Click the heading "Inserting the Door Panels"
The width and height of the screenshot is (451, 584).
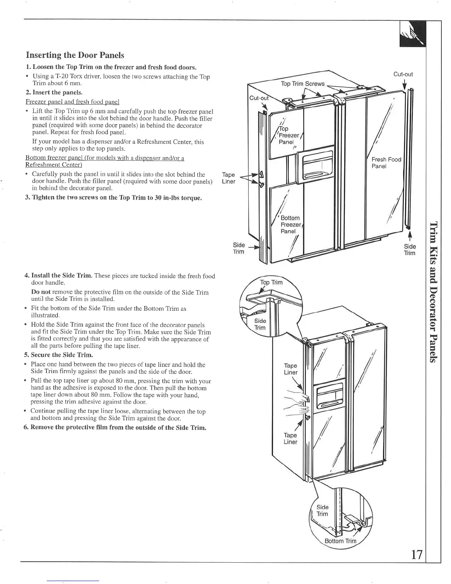tap(75, 55)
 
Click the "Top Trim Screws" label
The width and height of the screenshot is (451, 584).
tap(303, 84)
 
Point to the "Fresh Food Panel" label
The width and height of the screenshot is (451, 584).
tap(386, 163)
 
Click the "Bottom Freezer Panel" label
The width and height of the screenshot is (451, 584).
tap(291, 225)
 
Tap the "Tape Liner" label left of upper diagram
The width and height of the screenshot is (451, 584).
tap(228, 178)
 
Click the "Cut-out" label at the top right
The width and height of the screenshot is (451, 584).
tap(403, 74)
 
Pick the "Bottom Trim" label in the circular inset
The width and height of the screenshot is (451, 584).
tap(340, 541)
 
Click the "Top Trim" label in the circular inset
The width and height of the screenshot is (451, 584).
tap(271, 282)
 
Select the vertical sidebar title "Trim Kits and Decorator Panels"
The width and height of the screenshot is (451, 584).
tap(434, 292)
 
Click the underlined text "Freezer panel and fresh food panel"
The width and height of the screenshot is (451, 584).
tap(72, 102)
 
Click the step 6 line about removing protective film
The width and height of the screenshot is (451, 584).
tap(115, 428)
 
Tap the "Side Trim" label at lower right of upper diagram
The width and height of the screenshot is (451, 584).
tap(409, 250)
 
